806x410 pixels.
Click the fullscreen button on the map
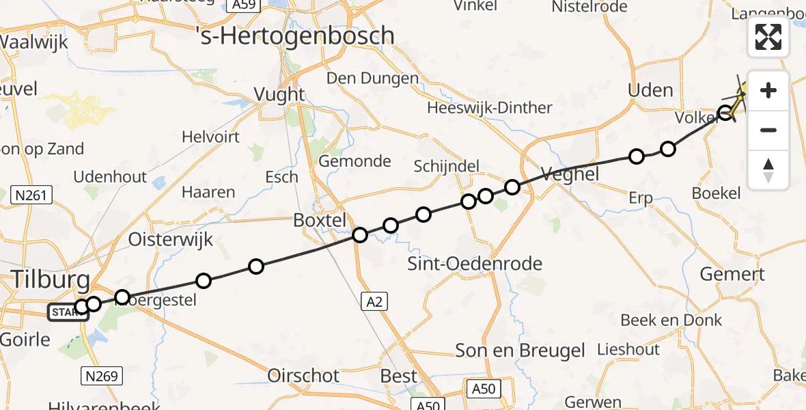click(x=768, y=37)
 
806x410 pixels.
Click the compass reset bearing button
click(x=768, y=169)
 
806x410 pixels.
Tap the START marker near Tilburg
click(x=64, y=313)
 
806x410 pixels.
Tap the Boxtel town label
click(x=320, y=220)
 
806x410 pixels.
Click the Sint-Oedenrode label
click(x=475, y=264)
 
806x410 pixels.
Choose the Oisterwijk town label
click(x=171, y=240)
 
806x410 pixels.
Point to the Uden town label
click(x=650, y=90)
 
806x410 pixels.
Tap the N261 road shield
click(x=32, y=196)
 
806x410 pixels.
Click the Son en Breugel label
click(x=520, y=351)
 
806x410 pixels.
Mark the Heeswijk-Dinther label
click(x=490, y=108)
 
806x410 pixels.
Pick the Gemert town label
click(x=732, y=275)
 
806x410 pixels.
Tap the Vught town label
click(x=279, y=94)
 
